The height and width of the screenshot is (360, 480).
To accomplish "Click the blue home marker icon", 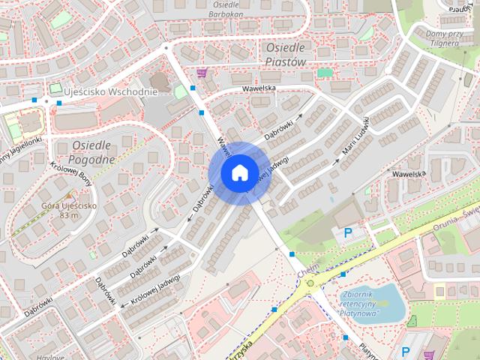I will tap(238, 172).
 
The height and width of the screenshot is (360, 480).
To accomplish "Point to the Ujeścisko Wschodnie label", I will tap(110, 91).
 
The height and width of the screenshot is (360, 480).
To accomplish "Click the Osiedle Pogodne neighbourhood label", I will tap(91, 151).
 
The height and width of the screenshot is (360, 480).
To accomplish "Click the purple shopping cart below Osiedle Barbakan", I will tap(202, 73).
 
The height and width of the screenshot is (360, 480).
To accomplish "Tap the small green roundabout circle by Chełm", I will tap(310, 283).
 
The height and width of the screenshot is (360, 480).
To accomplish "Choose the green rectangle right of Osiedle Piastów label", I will tap(324, 73).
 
